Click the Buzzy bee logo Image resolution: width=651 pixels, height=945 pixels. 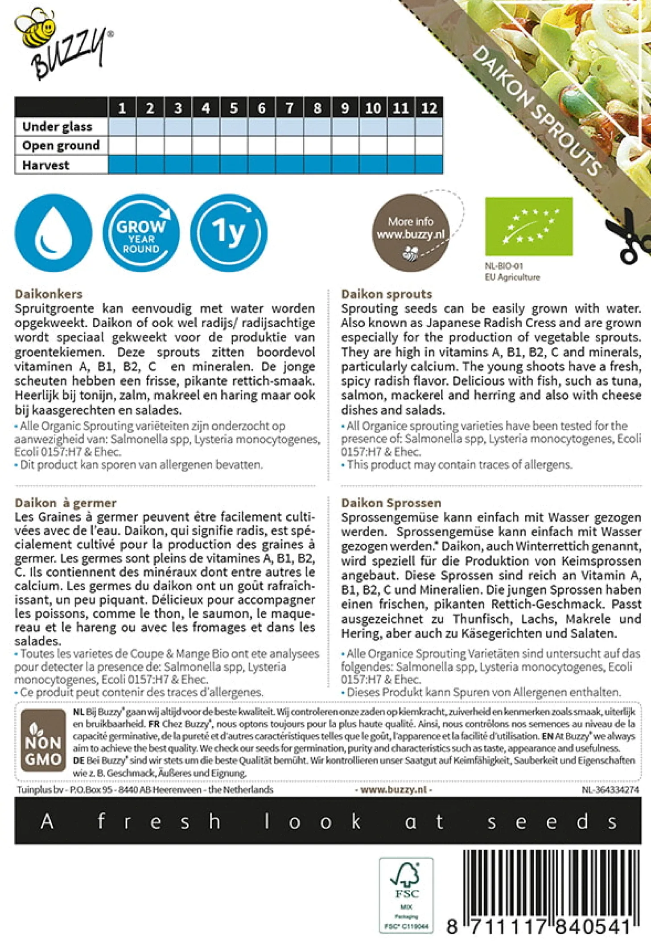tap(62, 45)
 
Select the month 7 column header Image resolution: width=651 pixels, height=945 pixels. tap(289, 108)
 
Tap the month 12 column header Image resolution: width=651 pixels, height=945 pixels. tap(429, 108)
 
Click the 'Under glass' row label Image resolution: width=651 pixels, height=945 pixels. tap(58, 127)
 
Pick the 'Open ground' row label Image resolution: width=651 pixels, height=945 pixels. tap(61, 146)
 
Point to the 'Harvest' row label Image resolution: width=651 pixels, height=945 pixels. tap(46, 165)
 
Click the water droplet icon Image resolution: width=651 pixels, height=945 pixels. tap(54, 233)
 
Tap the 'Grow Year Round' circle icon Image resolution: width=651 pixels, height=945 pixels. tap(141, 233)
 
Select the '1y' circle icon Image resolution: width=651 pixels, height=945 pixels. tap(229, 233)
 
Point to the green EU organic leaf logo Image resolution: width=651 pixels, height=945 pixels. tap(529, 226)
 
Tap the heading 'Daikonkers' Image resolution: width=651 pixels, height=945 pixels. tap(49, 294)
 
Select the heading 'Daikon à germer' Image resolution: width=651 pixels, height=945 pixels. tap(66, 503)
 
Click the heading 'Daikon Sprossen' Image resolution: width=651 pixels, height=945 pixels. tap(391, 503)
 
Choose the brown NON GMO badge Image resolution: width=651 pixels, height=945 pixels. tap(43, 740)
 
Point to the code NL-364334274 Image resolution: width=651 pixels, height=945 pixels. tap(610, 789)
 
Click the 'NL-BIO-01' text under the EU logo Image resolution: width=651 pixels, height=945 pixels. tap(503, 266)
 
